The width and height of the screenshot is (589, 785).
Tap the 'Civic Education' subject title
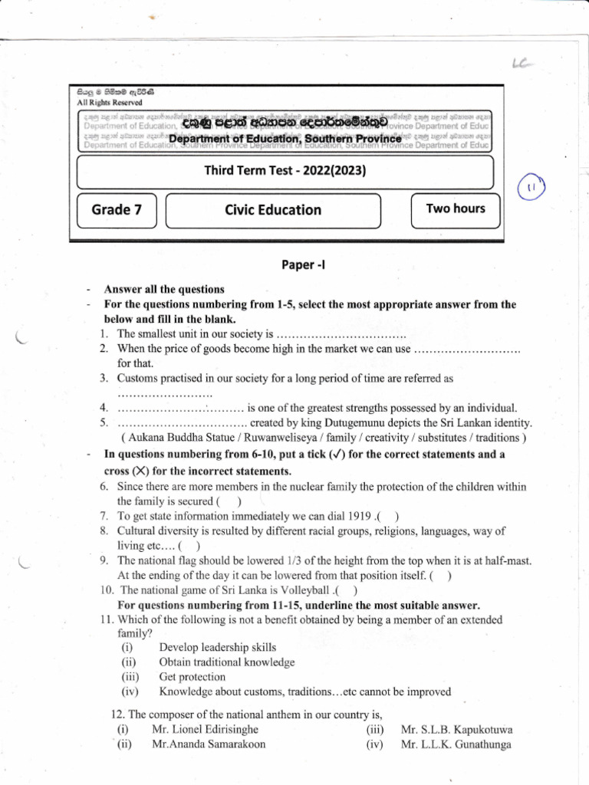coord(273,210)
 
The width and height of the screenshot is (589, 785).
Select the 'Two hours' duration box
coord(456,209)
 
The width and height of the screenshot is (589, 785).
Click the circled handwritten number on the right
coord(531,186)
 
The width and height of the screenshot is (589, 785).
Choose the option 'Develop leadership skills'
coord(217,648)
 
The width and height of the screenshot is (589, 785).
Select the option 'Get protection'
coord(192,677)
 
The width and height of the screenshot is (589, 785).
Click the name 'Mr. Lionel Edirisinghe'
coord(205,729)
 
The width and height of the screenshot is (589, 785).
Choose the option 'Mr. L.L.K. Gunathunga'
coord(456,744)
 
